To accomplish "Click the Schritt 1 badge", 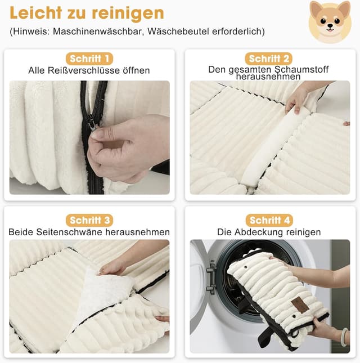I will pos(89,59).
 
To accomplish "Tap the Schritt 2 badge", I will pos(270,59).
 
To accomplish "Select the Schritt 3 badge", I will pos(89,220).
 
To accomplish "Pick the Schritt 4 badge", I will pos(270,220).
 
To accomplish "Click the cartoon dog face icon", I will pos(330,21).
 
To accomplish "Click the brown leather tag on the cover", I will pos(299,305).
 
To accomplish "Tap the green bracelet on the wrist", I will pos(344,335).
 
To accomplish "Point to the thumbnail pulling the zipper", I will pos(98,135).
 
